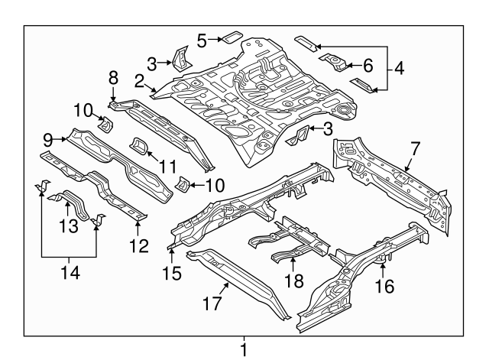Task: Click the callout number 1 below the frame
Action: tap(244, 350)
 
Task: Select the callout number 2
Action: tap(140, 81)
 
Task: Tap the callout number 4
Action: tap(399, 67)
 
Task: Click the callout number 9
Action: tap(47, 138)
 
